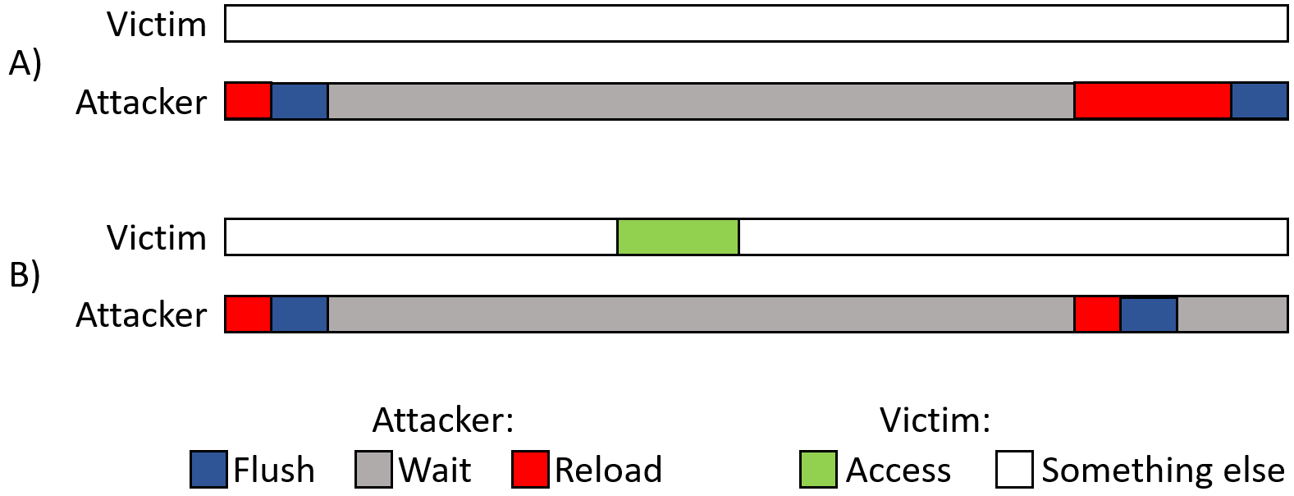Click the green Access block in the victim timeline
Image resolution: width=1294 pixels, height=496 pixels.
pyautogui.click(x=679, y=237)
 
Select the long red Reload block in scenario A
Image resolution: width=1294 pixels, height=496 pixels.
pyautogui.click(x=1153, y=101)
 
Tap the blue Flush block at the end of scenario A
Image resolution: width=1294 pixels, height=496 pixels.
pyautogui.click(x=1260, y=101)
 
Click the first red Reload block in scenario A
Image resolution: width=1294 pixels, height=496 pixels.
pyautogui.click(x=249, y=101)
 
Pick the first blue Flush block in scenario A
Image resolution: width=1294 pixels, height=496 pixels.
pyautogui.click(x=299, y=101)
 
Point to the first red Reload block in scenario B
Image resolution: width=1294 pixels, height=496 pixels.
pyautogui.click(x=249, y=314)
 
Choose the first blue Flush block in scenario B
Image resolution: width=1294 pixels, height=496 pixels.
pyautogui.click(x=299, y=314)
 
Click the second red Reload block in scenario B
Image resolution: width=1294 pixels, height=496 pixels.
pyautogui.click(x=1098, y=314)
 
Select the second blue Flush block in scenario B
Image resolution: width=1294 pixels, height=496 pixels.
pyautogui.click(x=1149, y=315)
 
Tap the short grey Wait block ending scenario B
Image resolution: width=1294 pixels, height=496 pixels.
pyautogui.click(x=1232, y=314)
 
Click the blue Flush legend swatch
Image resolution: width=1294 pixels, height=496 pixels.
pyautogui.click(x=208, y=470)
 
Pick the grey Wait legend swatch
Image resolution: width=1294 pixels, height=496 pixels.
pyautogui.click(x=373, y=470)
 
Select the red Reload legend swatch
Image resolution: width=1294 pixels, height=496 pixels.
pyautogui.click(x=530, y=470)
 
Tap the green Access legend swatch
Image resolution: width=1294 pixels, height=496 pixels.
pyautogui.click(x=819, y=470)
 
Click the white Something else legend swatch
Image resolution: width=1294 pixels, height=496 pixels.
pyautogui.click(x=1014, y=470)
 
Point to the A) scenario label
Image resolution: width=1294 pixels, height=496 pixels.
pyautogui.click(x=25, y=63)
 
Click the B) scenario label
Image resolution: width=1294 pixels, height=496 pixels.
pyautogui.click(x=25, y=275)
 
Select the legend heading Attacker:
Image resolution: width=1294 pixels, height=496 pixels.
pyautogui.click(x=443, y=420)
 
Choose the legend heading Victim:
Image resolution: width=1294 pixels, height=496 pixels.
pyautogui.click(x=935, y=420)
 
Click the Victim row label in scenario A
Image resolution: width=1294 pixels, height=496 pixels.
pyautogui.click(x=157, y=25)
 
